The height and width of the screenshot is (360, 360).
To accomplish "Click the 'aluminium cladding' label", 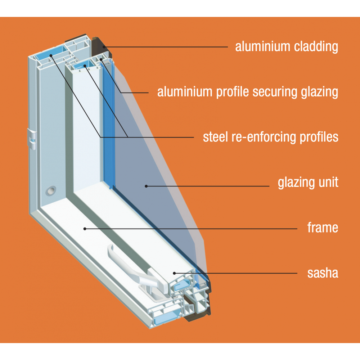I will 287,47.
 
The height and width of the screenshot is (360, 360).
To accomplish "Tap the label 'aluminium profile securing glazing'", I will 248,92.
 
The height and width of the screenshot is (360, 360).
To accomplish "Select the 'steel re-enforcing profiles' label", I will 271,137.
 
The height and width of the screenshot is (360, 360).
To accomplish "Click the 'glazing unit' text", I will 308,183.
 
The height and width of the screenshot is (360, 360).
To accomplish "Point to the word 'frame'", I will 323,228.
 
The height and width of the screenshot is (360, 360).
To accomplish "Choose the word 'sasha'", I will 323,273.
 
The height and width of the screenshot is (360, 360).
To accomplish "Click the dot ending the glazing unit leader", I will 146,186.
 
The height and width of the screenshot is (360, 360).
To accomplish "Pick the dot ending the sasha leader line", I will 175,273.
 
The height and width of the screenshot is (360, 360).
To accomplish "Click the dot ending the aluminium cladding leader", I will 104,46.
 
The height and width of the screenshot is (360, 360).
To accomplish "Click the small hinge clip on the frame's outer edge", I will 32,139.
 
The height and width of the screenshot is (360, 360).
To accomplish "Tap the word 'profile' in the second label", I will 232,92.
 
